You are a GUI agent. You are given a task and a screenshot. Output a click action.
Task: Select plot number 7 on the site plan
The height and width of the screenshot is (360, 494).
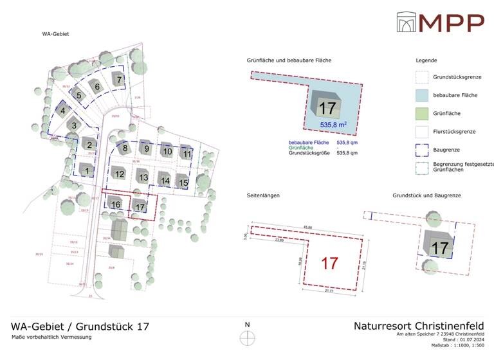119,80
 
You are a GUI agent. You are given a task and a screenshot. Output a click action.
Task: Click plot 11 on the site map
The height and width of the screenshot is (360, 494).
187,154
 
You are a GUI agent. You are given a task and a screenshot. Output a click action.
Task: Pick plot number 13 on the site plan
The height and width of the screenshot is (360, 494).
143,177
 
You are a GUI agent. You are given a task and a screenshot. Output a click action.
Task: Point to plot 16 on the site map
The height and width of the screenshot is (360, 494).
116,204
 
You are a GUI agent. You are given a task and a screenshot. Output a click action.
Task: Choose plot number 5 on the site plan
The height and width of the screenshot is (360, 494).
80,96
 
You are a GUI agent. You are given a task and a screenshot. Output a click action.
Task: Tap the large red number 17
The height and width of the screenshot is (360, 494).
329,263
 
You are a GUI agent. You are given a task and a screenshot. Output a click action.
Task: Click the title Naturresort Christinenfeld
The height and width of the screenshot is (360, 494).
419,325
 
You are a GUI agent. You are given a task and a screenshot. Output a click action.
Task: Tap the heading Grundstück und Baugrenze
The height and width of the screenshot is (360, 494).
427,195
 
